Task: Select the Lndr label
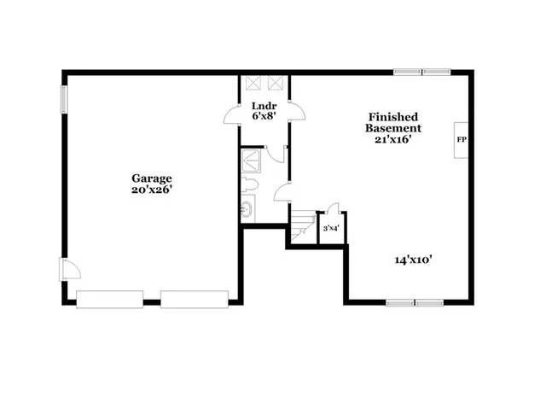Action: (263, 107)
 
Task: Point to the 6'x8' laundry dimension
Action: (263, 117)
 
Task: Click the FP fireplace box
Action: (461, 139)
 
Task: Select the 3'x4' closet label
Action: (331, 228)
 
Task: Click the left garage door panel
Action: (109, 298)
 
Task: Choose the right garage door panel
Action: (194, 298)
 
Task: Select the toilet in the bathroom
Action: (249, 186)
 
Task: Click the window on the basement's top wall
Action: (421, 73)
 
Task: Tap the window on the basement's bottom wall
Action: (415, 302)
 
